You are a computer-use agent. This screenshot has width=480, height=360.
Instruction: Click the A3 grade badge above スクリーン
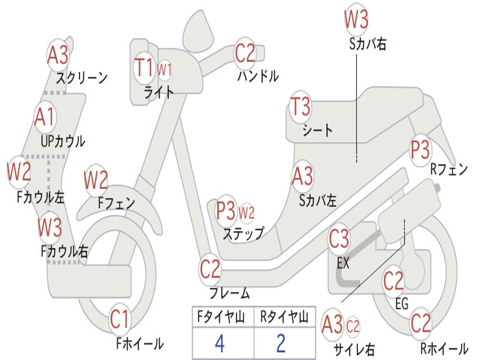click(58, 55)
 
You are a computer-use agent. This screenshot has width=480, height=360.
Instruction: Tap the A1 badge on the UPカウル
click(45, 117)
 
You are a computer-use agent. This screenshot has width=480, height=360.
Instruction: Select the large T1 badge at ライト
click(144, 67)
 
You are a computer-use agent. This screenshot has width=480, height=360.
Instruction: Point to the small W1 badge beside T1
click(165, 70)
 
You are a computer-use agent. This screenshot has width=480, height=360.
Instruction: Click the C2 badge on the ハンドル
click(245, 53)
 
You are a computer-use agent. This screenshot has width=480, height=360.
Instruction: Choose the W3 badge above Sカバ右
click(356, 19)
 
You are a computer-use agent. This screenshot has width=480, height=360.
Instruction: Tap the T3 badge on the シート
click(300, 106)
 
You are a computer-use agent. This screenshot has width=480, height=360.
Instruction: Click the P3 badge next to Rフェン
click(420, 150)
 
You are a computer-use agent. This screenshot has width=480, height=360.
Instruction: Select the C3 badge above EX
click(339, 239)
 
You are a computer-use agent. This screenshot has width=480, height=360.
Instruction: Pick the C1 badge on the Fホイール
click(120, 319)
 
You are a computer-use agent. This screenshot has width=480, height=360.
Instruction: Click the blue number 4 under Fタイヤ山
click(220, 344)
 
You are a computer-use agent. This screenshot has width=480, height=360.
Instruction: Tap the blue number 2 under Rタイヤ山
click(281, 344)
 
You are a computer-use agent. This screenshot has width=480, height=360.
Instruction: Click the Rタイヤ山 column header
click(284, 316)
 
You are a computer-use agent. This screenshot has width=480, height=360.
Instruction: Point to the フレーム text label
click(230, 292)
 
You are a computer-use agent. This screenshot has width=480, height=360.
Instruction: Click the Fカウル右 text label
click(65, 251)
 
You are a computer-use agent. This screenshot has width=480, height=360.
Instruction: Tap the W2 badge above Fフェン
click(96, 180)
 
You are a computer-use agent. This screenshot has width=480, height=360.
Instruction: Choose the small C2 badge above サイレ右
click(352, 326)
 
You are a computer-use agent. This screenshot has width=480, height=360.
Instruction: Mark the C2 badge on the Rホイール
click(420, 323)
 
